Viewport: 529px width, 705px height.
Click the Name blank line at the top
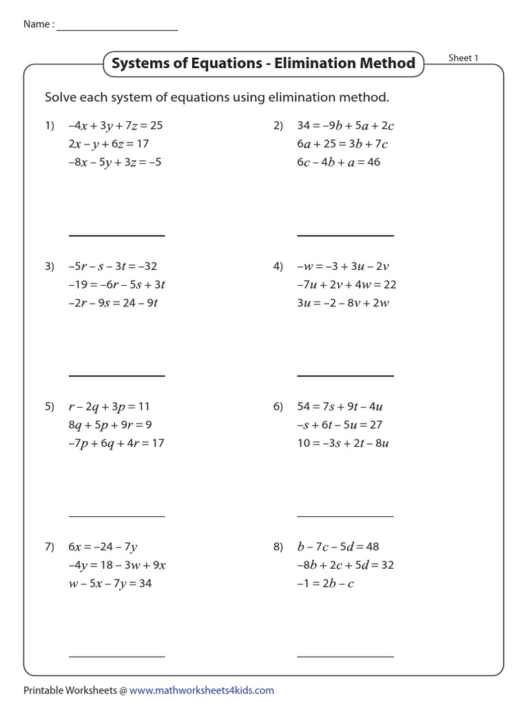coord(117,30)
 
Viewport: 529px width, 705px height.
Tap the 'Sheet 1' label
coord(463,58)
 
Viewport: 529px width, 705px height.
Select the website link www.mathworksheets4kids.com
coord(201,690)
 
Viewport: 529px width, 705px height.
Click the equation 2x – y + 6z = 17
coord(109,144)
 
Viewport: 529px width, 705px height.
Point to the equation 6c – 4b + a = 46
coord(339,162)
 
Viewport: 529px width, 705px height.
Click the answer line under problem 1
coord(117,235)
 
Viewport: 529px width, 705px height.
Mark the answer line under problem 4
coord(346,376)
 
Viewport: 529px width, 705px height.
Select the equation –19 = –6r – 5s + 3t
coord(117,284)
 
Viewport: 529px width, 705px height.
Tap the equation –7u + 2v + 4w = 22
coord(346,284)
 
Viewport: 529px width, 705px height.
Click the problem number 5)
coord(50,407)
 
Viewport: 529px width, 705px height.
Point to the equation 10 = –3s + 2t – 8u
coord(343,443)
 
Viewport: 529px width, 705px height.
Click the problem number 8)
coord(278,547)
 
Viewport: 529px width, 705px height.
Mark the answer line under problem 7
coord(117,656)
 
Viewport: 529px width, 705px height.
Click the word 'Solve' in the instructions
coord(59,97)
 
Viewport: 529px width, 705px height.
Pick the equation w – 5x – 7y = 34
coord(110,584)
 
